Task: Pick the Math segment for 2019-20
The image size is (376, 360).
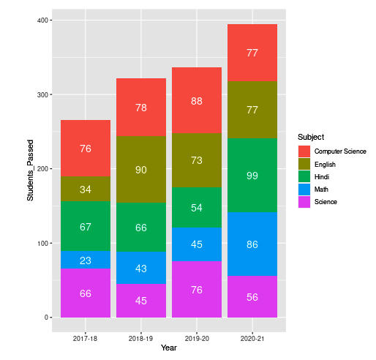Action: point(197,244)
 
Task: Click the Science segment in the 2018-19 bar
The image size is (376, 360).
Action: point(141,300)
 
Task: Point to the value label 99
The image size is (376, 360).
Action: point(252,176)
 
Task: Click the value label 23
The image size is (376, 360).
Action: point(86,260)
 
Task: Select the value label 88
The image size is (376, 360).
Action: point(197,101)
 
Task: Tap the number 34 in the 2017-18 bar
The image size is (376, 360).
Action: point(86,190)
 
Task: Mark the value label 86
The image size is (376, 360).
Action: point(252,244)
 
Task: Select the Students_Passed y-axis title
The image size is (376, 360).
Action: point(30,169)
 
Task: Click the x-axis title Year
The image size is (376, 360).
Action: point(169,348)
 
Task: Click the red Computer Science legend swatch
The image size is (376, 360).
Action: point(304,151)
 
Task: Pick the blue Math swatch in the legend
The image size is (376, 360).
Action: point(304,189)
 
